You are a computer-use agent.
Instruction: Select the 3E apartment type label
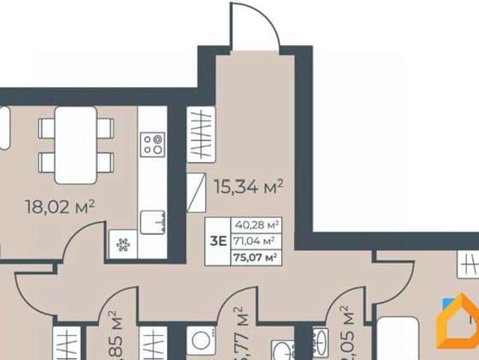point(219,241)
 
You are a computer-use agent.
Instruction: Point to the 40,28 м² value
point(256,224)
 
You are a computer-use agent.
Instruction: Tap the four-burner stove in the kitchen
point(152,143)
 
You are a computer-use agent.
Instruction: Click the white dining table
point(76,145)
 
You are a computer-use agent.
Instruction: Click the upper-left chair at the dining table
point(47,128)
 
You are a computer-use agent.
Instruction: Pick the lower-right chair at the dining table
point(105,161)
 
